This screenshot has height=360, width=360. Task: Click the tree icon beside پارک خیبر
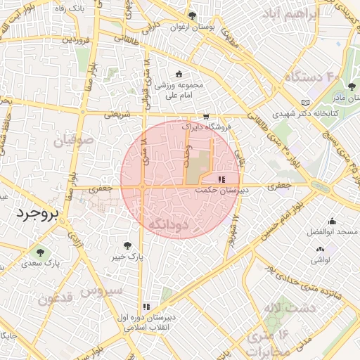coord(127,245)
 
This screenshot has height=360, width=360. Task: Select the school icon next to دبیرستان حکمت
coord(222,180)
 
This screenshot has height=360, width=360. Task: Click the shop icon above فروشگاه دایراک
coord(205,117)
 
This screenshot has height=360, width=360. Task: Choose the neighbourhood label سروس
coord(101,290)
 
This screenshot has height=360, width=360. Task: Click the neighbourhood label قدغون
coord(55,299)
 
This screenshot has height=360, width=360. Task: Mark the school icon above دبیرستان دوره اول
coord(146,307)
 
